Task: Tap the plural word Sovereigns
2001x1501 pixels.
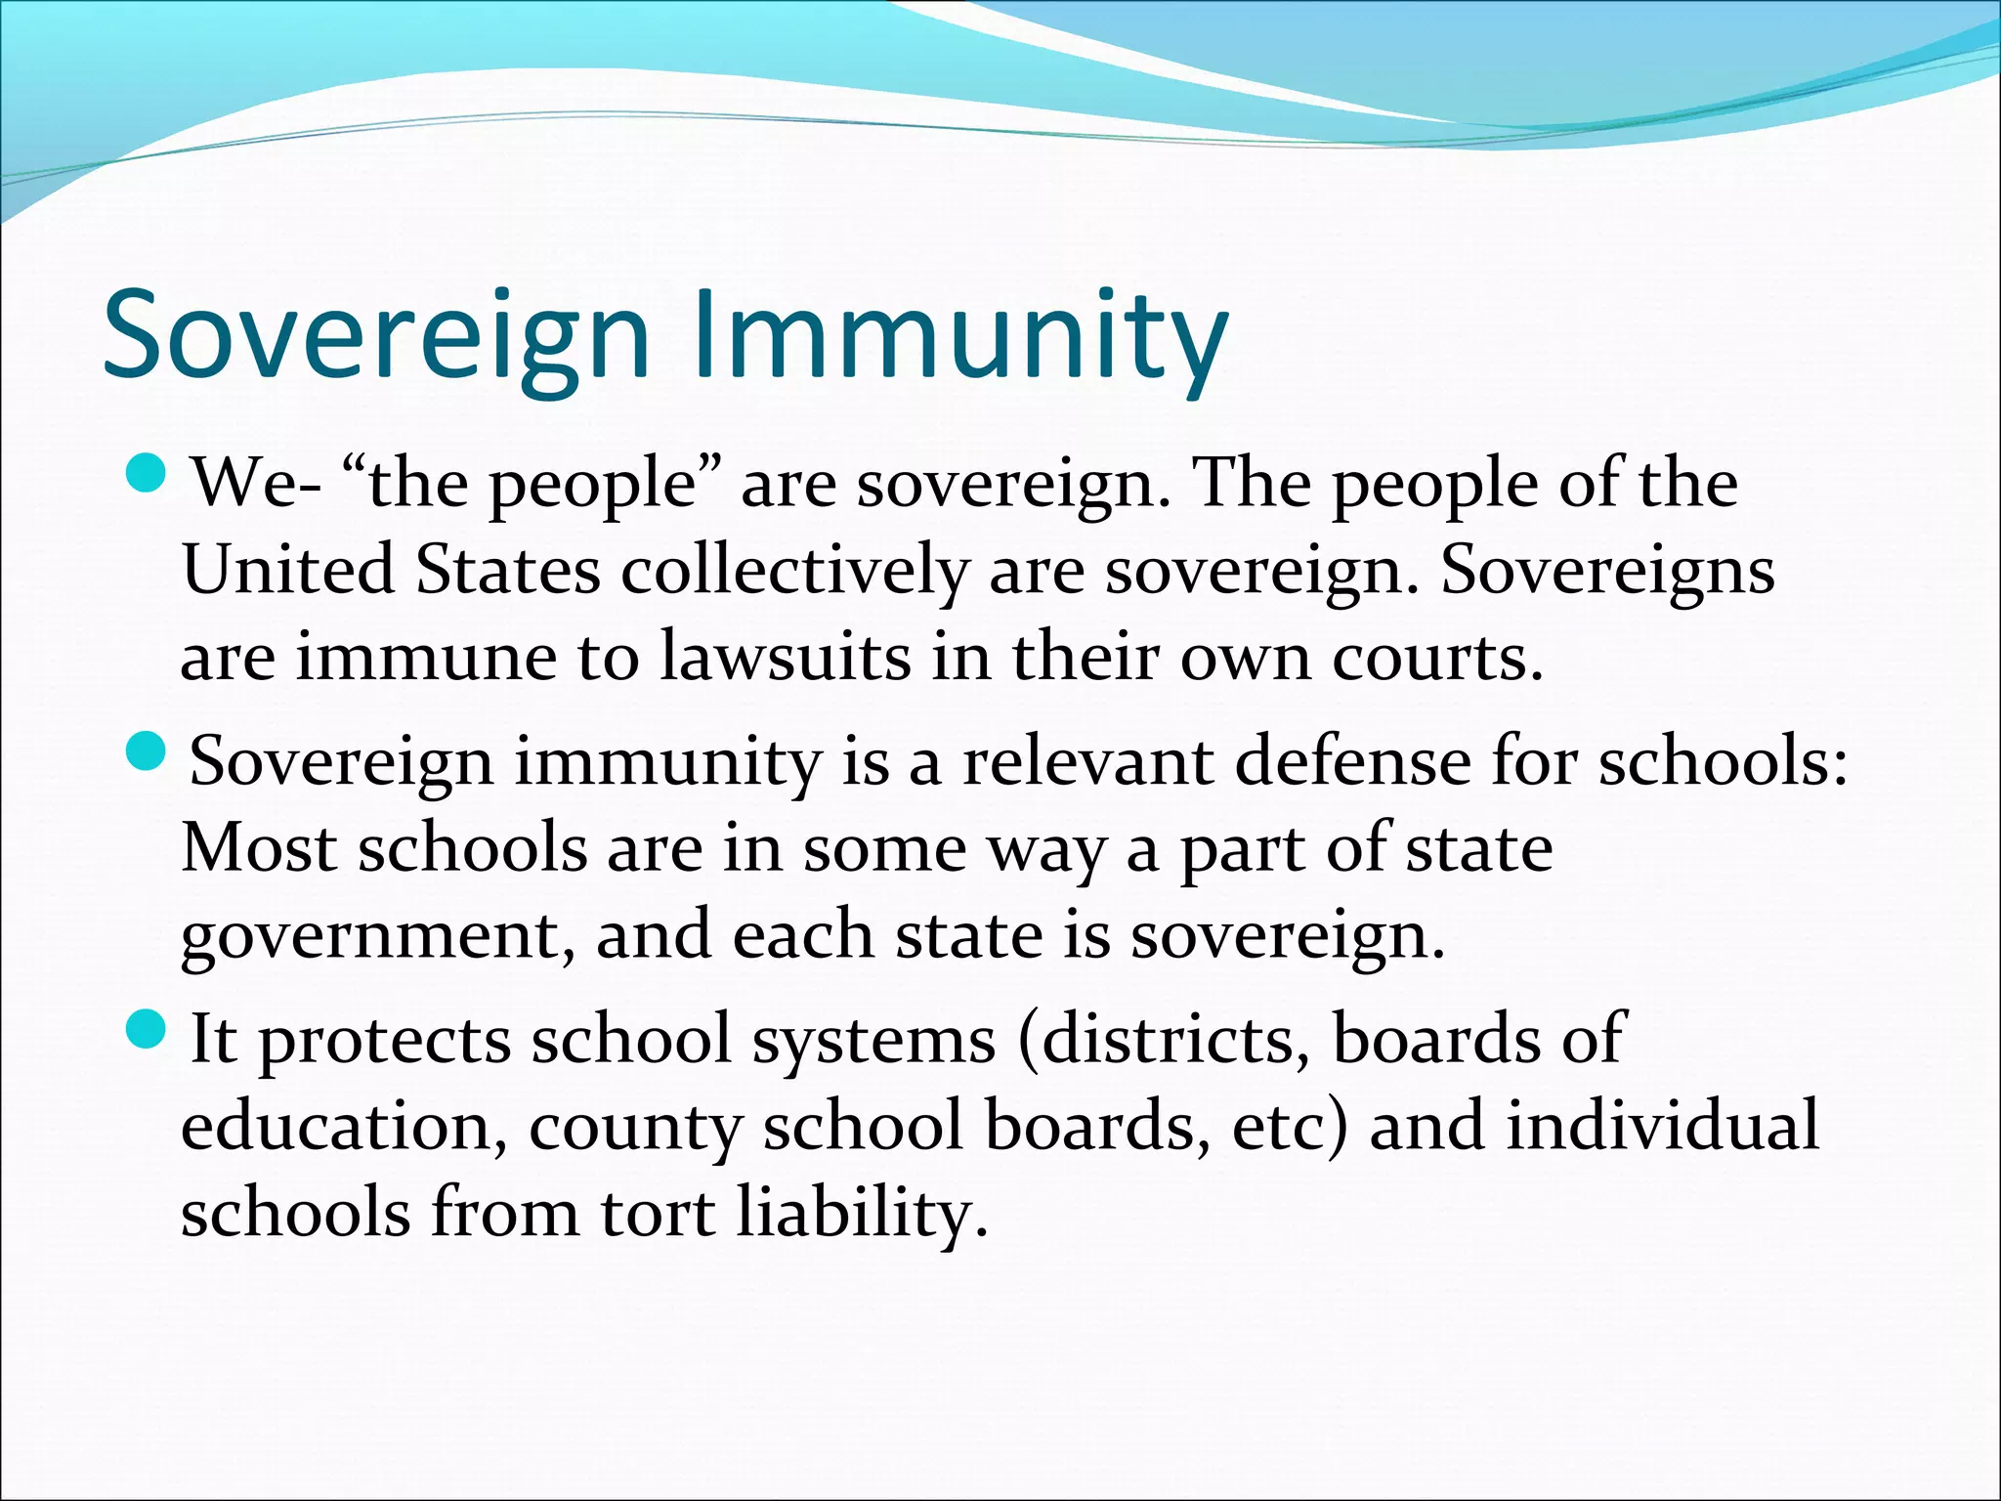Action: (1607, 572)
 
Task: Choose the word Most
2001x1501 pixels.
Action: (259, 847)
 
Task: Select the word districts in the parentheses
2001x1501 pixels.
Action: (1173, 1039)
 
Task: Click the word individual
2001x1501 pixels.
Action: (1662, 1125)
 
